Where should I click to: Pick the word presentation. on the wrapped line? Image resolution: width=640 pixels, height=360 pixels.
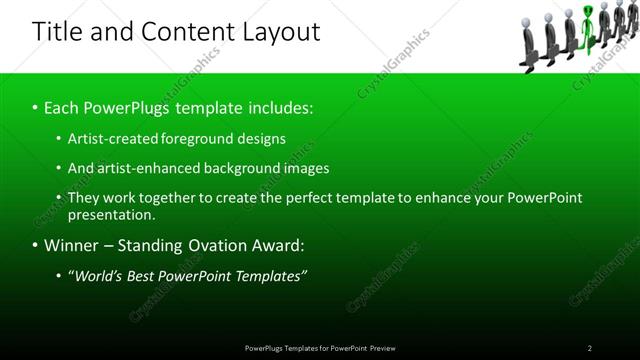[x=112, y=214]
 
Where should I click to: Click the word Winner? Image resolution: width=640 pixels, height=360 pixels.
[x=72, y=245]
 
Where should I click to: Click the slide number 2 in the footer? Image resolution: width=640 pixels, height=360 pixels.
[x=589, y=348]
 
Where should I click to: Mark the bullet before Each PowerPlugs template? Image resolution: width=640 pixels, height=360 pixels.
[x=35, y=107]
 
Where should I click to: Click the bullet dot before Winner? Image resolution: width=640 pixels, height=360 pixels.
[x=35, y=245]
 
